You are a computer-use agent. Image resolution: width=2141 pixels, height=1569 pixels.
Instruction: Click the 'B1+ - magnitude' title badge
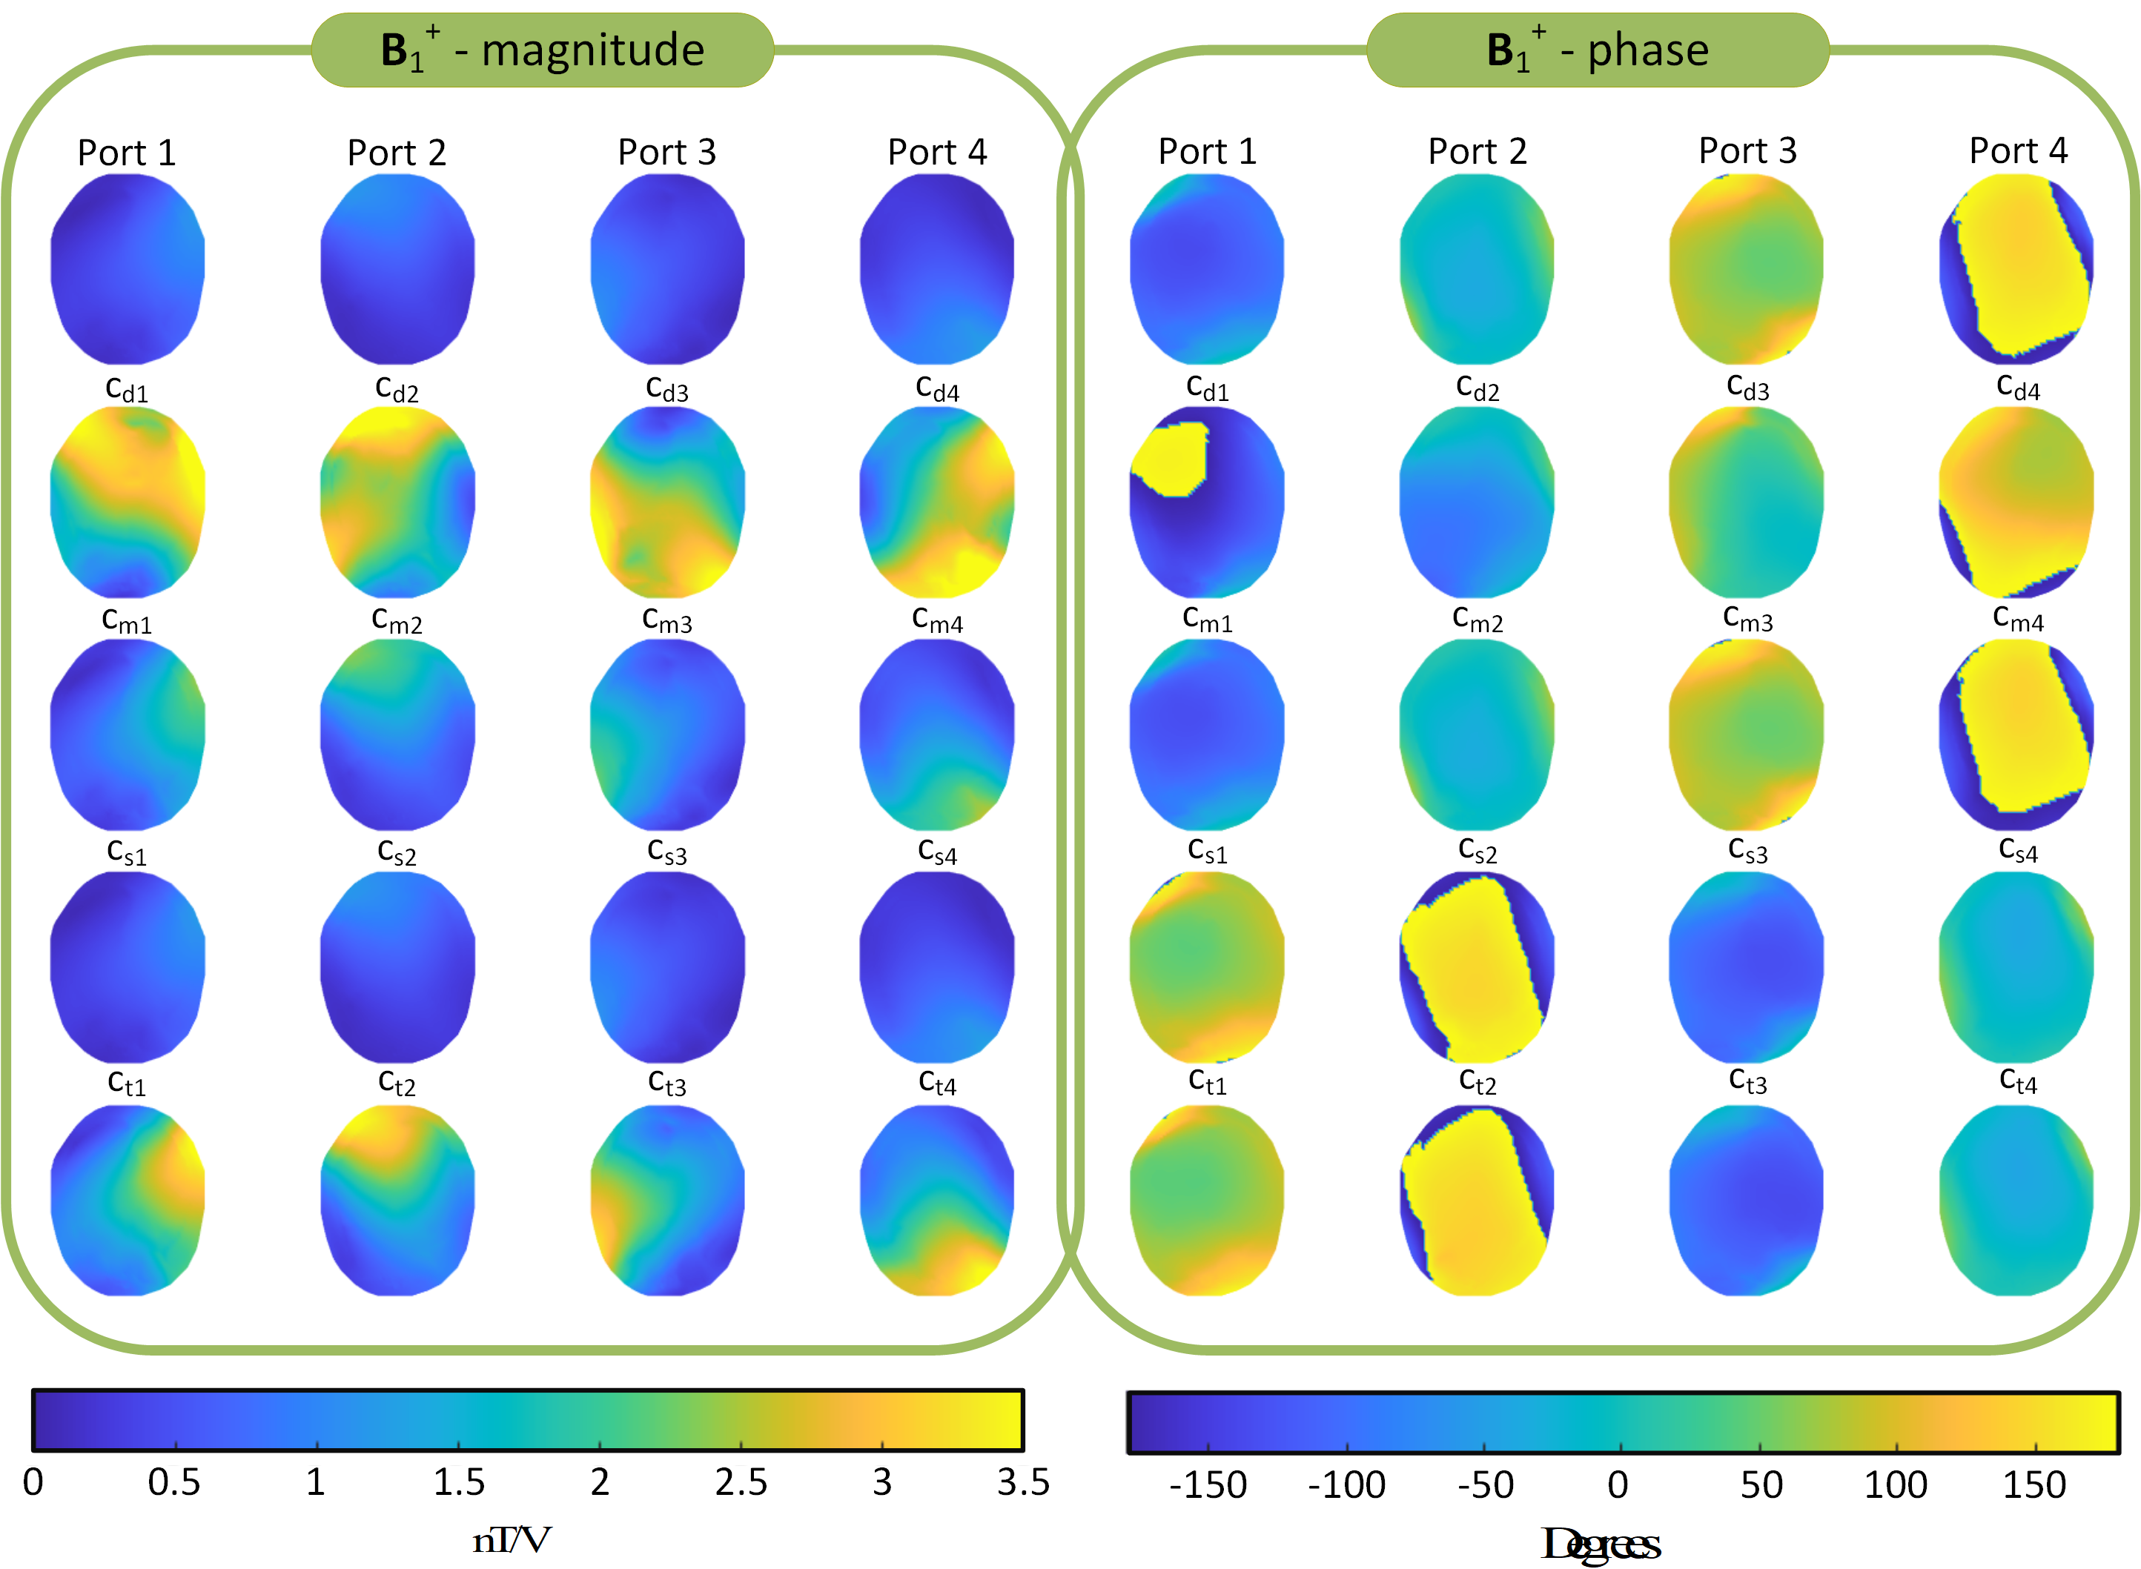543,50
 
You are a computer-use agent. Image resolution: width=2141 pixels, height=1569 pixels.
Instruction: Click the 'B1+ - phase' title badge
1597,50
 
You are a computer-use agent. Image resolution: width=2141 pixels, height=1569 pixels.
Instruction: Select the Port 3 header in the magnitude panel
666,152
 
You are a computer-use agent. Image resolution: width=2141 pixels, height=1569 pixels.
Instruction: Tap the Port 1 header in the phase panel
1208,151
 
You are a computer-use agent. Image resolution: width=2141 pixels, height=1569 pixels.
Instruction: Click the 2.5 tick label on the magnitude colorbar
741,1482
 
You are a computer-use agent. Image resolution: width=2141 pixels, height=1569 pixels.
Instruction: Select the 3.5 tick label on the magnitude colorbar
1023,1482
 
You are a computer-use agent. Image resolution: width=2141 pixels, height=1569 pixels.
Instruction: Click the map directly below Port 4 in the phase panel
2016,269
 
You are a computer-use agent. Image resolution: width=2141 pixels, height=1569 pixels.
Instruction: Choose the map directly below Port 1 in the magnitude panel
128,269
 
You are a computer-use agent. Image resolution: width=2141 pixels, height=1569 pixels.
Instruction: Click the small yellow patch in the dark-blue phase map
1171,460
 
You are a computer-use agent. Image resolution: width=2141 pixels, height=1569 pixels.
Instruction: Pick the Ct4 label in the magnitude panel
938,1083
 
